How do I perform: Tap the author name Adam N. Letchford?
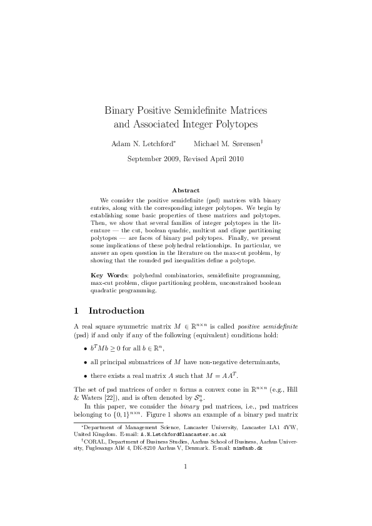point(143,144)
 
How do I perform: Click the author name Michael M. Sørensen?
point(227,144)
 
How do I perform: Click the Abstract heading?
point(186,190)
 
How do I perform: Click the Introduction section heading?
point(116,310)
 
